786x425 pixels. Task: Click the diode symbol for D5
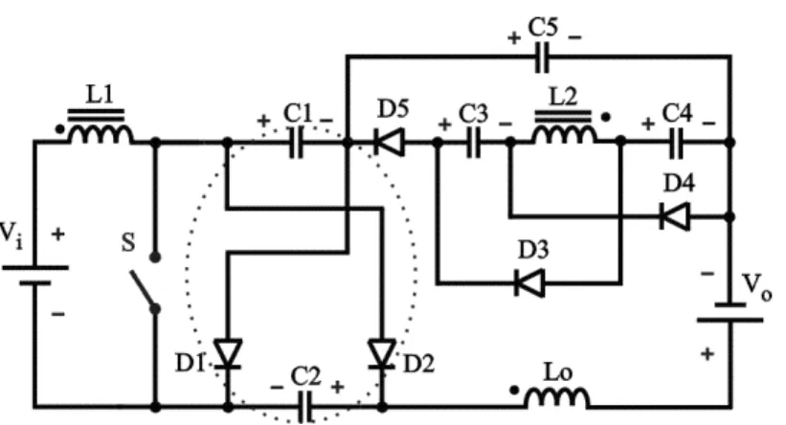tap(389, 143)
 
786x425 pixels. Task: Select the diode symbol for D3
tap(529, 283)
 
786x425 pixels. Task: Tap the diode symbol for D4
tap(675, 216)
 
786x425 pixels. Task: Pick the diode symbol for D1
tap(228, 354)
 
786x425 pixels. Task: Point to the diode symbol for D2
tap(382, 354)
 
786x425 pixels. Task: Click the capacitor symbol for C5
tap(542, 57)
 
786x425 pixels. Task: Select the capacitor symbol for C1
tap(296, 143)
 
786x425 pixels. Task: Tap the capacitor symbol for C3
tap(474, 143)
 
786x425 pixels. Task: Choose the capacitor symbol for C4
tap(676, 143)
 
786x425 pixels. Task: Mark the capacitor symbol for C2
tap(304, 407)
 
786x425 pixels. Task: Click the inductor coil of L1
tap(101, 133)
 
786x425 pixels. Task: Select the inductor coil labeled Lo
tap(557, 397)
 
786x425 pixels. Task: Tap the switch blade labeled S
tap(144, 290)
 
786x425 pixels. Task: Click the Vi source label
tap(11, 235)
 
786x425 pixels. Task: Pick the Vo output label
tap(757, 287)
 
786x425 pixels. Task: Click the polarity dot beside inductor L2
tap(606, 118)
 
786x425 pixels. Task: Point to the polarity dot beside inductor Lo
tap(514, 390)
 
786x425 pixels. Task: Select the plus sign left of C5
tap(514, 37)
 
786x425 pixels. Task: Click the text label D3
tap(533, 250)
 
